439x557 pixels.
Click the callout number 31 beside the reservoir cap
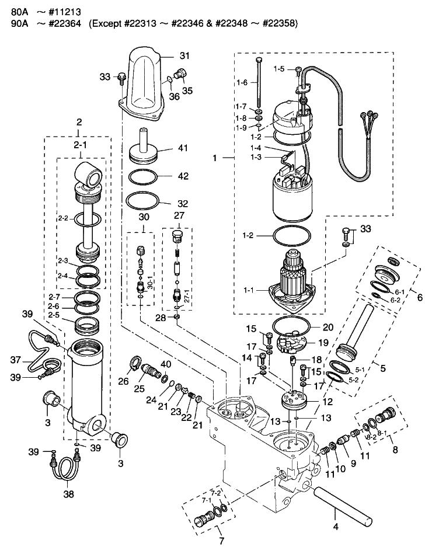[184, 56]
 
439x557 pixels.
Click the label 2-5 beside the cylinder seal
[54, 315]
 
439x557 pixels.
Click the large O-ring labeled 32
[143, 203]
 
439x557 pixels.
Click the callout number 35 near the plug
[187, 91]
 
